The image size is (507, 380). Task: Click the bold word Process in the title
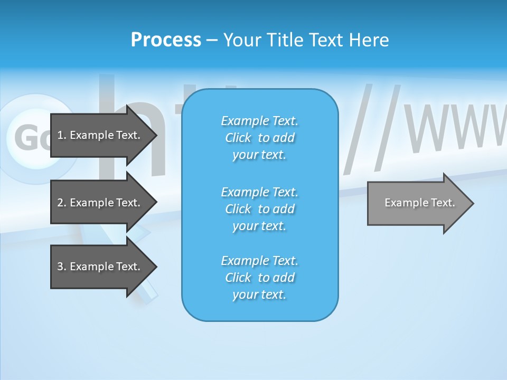(166, 40)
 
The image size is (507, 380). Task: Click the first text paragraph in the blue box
(259, 138)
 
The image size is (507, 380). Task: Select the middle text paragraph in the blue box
(259, 209)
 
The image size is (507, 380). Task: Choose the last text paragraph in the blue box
(259, 278)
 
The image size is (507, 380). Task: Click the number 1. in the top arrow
(62, 135)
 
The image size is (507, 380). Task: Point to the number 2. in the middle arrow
(62, 203)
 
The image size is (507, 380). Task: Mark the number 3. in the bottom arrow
(62, 267)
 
